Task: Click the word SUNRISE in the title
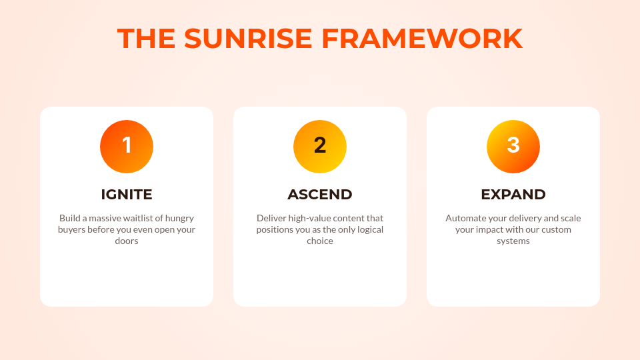[248, 39]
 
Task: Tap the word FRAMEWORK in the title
[422, 39]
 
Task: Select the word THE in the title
[147, 39]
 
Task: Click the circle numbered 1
[127, 147]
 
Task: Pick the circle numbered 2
[320, 147]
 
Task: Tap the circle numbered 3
[513, 147]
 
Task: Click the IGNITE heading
[127, 195]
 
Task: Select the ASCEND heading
[320, 195]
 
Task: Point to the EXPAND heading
[513, 195]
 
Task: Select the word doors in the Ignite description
[127, 241]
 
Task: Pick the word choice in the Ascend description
[320, 241]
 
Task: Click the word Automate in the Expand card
[466, 218]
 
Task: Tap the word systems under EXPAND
[513, 241]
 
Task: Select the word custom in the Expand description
[557, 229]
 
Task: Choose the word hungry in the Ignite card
[180, 218]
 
